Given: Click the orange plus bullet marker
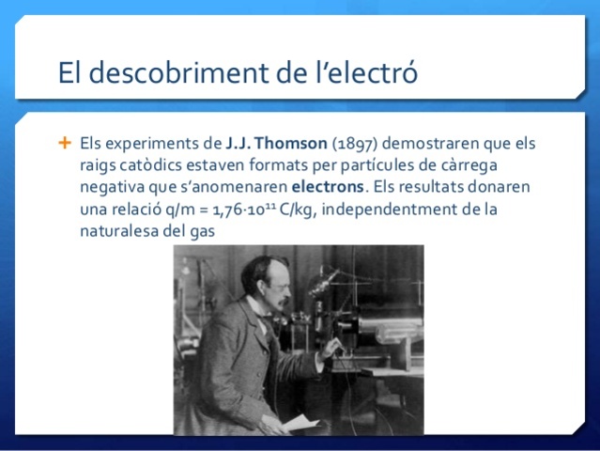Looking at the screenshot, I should (x=65, y=144).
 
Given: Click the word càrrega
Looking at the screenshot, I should (x=499, y=165).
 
